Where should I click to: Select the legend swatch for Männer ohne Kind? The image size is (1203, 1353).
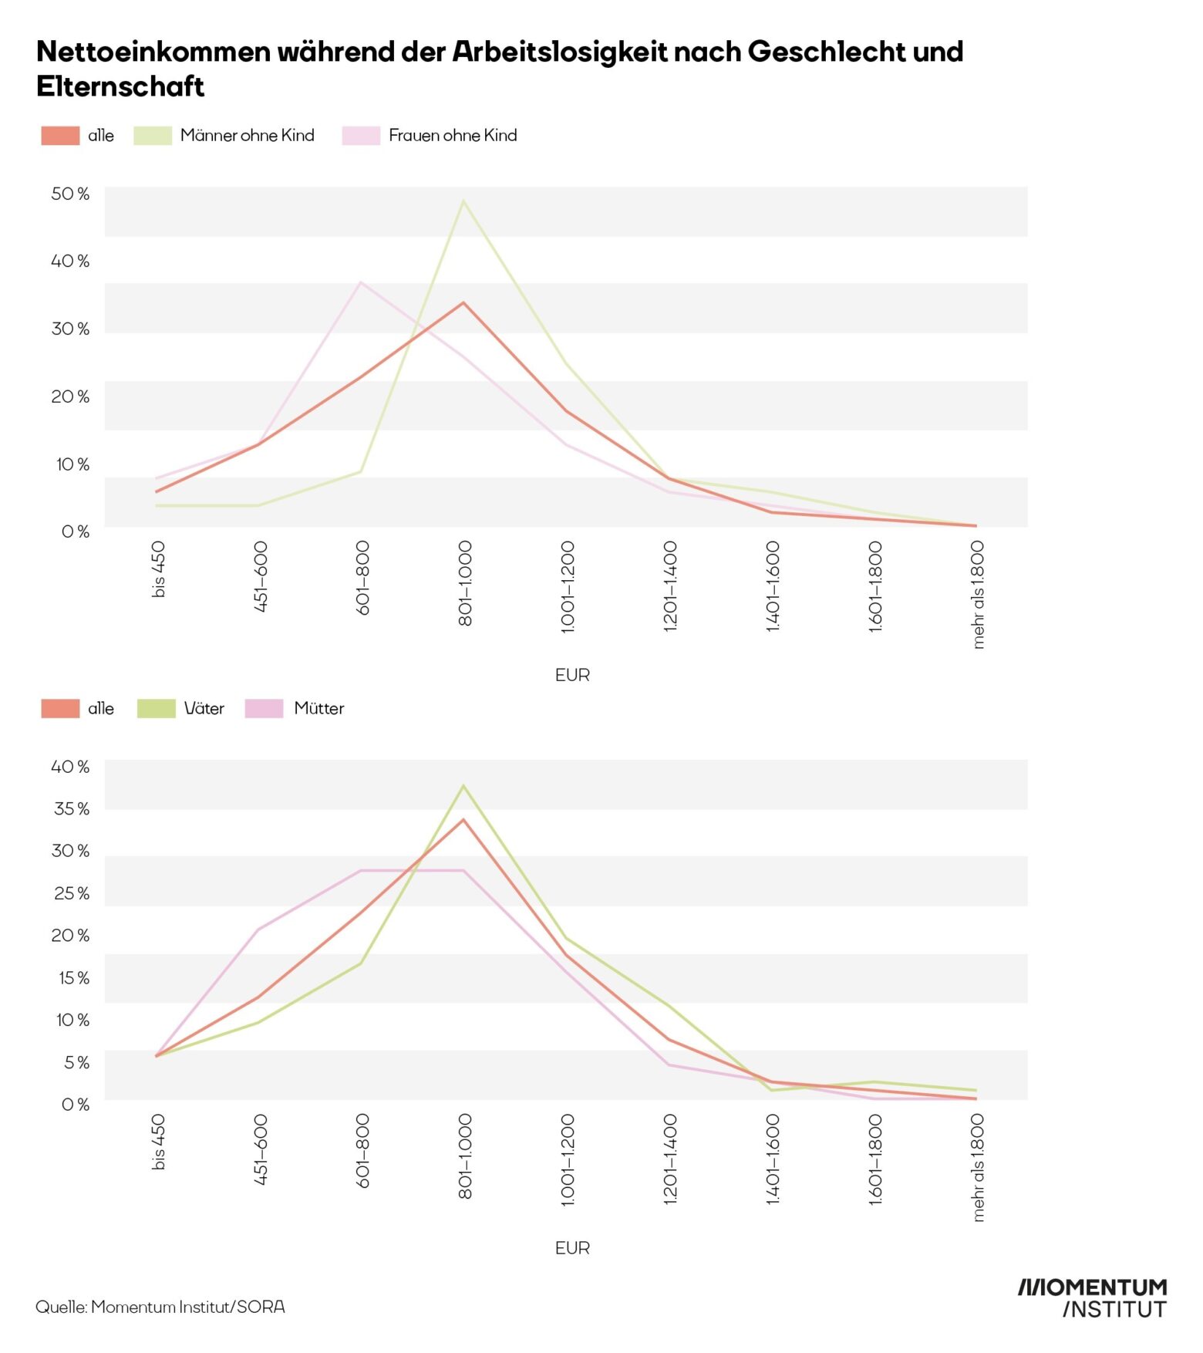pos(153,136)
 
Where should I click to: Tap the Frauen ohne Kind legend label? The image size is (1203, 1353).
pos(453,136)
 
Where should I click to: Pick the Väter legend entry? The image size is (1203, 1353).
pos(204,708)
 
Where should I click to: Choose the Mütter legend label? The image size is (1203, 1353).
pos(318,708)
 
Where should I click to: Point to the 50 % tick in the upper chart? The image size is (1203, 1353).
pos(70,194)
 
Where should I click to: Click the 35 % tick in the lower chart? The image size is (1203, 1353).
pos(72,808)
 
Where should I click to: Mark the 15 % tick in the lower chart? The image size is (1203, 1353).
pos(73,977)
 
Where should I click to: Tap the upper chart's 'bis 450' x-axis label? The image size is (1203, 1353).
pos(158,569)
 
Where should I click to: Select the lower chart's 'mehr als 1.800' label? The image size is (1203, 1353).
pos(978,1167)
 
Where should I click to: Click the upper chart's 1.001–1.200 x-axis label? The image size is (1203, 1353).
pos(568,587)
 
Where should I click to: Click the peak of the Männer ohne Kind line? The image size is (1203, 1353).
pos(463,201)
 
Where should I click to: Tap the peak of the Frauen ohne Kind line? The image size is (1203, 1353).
pos(360,282)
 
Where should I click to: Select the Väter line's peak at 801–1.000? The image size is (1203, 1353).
pos(463,786)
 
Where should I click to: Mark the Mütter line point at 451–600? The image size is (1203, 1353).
pos(258,930)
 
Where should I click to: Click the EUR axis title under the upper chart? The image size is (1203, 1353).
pos(572,675)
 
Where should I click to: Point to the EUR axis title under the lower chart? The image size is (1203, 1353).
pos(572,1247)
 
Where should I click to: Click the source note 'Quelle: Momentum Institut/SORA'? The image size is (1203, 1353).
pos(160,1307)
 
